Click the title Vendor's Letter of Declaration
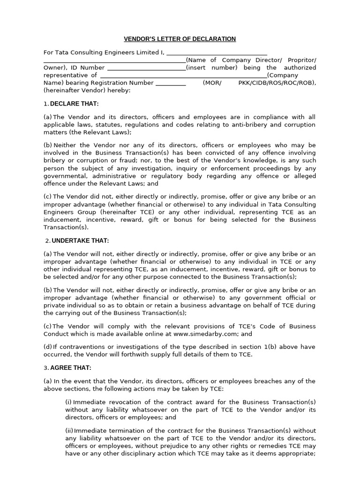180,38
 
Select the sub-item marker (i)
68,402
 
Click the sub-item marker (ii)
69,431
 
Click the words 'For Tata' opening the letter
55,52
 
